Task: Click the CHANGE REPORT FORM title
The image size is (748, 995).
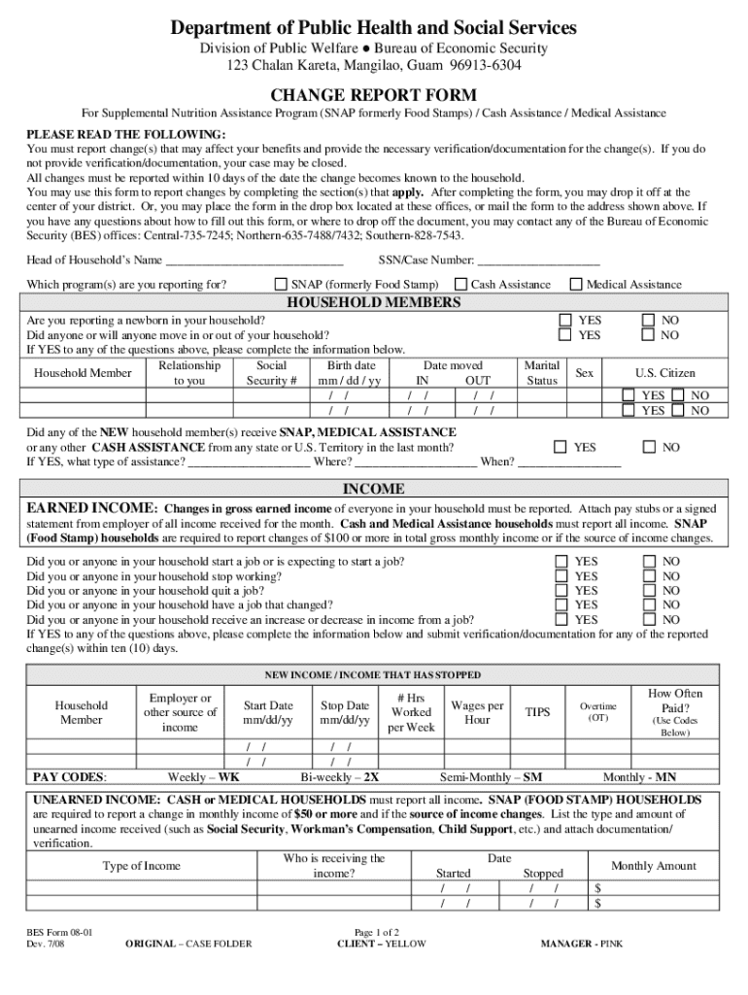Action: tap(373, 95)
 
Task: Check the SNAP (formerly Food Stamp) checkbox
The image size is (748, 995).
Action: tap(281, 285)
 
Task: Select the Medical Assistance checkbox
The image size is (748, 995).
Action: tap(576, 285)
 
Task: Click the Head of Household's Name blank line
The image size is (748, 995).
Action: tap(255, 260)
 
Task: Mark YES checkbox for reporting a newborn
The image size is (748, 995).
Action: tap(564, 320)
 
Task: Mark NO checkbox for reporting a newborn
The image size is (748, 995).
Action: tap(649, 320)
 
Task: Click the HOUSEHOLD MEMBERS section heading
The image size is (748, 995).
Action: tap(373, 302)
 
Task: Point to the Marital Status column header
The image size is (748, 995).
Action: tap(541, 373)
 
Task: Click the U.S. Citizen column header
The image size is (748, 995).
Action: tap(665, 373)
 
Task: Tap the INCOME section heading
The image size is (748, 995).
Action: tap(373, 489)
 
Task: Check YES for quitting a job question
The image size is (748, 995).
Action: tap(561, 591)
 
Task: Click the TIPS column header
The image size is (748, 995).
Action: tap(537, 712)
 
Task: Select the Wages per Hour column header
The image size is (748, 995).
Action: tap(477, 712)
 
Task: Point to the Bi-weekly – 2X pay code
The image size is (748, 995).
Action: tap(339, 777)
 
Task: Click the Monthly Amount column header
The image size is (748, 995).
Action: tap(653, 866)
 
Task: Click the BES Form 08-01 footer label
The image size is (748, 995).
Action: tap(60, 931)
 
